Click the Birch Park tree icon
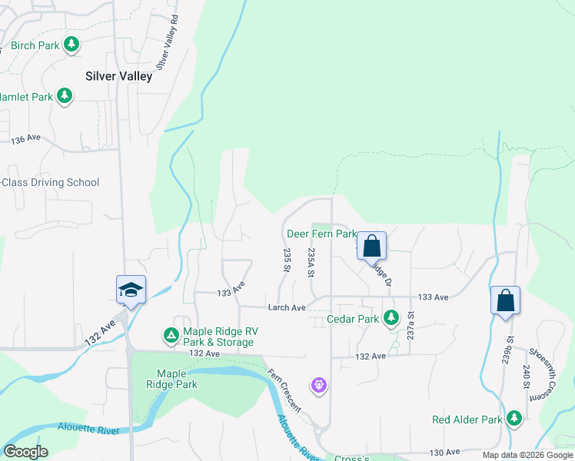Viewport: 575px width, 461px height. point(71,45)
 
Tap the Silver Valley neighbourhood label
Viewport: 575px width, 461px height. point(118,76)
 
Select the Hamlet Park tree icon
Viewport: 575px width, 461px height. point(65,97)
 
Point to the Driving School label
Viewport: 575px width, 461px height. point(49,182)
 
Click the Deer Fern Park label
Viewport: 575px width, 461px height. point(321,234)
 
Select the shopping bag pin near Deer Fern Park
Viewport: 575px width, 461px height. point(371,247)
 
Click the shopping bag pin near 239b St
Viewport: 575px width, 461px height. point(505,300)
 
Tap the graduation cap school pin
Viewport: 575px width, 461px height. point(131,290)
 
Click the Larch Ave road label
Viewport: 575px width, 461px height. point(287,307)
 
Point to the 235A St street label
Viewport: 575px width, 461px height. point(311,262)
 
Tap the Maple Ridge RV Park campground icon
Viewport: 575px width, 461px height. point(170,336)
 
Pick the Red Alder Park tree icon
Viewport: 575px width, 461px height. point(514,420)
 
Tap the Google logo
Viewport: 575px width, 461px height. point(25,452)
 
